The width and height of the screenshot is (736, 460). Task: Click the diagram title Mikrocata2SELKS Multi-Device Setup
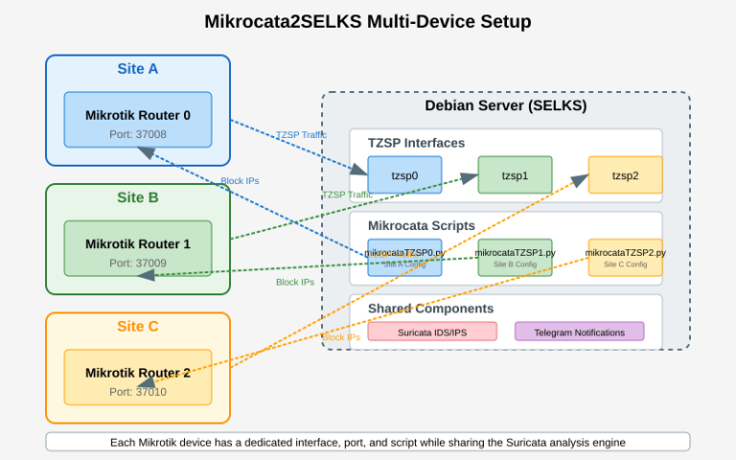(368, 21)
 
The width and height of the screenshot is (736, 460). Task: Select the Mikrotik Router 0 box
(138, 120)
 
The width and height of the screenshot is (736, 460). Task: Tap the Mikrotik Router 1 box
(138, 248)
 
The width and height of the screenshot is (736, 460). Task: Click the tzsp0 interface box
(404, 175)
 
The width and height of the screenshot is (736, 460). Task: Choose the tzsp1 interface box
(515, 175)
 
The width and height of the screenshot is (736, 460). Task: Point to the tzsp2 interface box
(625, 175)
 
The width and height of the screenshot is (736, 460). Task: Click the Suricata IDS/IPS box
(432, 332)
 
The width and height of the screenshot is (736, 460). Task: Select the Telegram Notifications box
(579, 332)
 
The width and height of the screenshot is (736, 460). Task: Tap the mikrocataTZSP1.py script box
(515, 258)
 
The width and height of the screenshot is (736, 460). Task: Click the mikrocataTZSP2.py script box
(625, 258)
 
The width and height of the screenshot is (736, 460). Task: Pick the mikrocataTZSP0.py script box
(404, 258)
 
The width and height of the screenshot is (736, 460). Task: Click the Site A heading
(138, 69)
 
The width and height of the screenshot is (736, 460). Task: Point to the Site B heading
(138, 198)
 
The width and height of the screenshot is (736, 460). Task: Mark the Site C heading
(138, 326)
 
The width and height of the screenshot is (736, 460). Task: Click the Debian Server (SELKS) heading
(505, 105)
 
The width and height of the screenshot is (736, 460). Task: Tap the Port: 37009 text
(138, 263)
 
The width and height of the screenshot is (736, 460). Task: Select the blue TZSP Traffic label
(301, 135)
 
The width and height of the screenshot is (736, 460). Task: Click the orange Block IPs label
(341, 337)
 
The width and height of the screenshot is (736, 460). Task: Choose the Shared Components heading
(430, 309)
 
